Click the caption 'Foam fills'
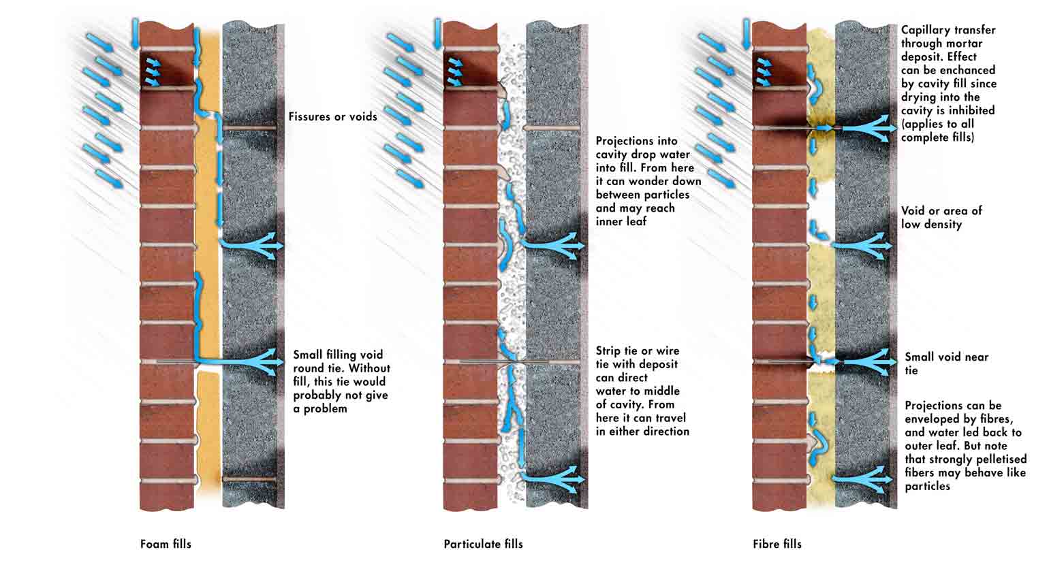[166, 544]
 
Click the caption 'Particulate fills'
[484, 544]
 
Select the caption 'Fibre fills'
[777, 544]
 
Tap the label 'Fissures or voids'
[333, 116]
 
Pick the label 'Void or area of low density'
[941, 218]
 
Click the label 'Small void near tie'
[946, 363]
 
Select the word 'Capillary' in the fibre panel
[924, 31]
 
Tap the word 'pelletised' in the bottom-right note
[997, 459]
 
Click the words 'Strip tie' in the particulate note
[614, 351]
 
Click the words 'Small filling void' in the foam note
[338, 355]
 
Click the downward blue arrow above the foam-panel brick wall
[136, 34]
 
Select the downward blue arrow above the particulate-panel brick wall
[438, 34]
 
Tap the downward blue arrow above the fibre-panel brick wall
[747, 34]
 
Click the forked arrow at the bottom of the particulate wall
[552, 479]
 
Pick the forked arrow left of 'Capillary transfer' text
[866, 127]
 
